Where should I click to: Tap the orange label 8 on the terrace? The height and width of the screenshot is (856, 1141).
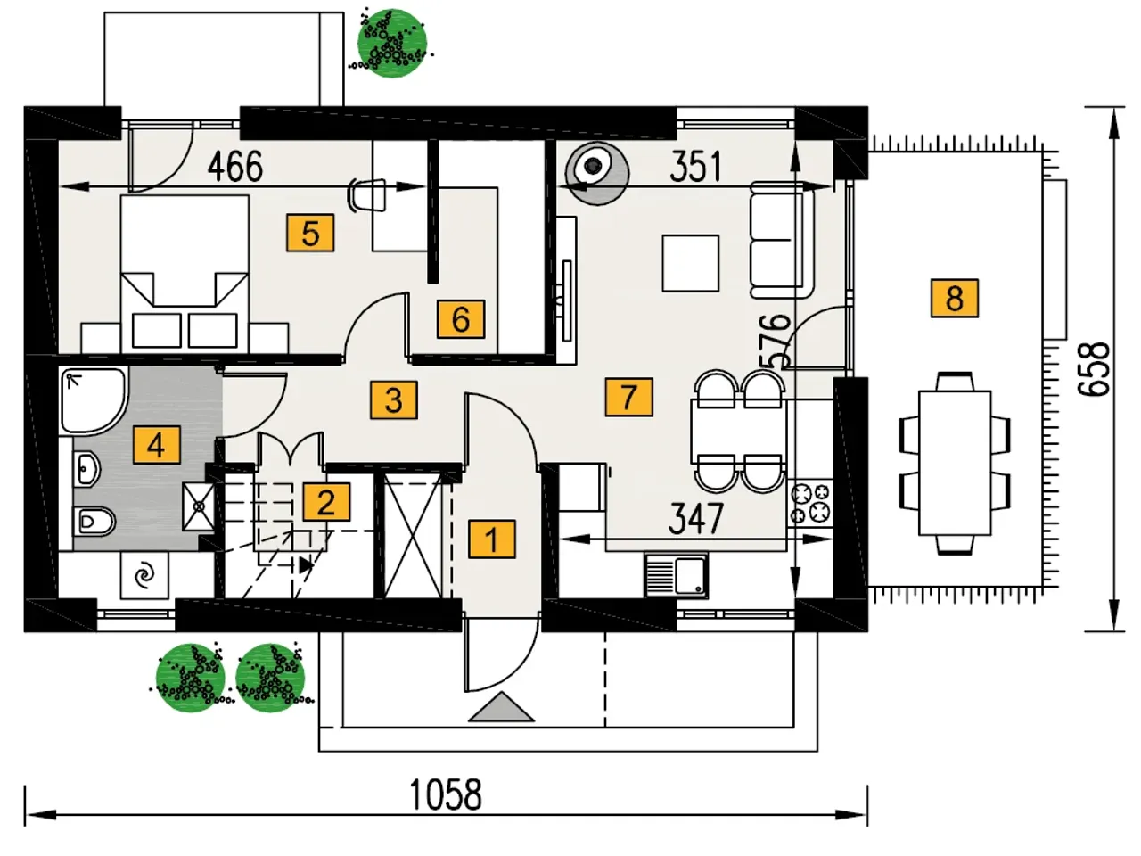955,299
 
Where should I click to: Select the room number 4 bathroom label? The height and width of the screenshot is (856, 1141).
157,445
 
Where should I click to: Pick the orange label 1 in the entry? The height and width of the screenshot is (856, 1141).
492,539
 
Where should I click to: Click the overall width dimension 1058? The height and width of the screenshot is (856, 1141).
446,794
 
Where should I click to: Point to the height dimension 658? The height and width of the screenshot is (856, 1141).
1094,369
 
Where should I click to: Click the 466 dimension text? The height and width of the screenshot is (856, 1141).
235,167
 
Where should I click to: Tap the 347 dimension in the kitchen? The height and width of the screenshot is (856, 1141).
695,518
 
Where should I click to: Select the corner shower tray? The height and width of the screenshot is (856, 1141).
94,400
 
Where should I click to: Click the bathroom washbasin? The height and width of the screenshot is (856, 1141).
86,468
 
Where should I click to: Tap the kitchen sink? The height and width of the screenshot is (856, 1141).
677,576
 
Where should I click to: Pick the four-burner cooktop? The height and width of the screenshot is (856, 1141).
810,504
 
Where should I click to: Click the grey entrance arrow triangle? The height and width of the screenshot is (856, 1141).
501,707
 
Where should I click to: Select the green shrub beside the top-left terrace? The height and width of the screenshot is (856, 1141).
392,43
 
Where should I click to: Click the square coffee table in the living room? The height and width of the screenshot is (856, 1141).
690,263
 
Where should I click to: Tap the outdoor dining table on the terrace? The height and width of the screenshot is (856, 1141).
955,463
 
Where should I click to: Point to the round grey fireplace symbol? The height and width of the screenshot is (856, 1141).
596,174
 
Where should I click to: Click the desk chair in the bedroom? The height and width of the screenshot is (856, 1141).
369,195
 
